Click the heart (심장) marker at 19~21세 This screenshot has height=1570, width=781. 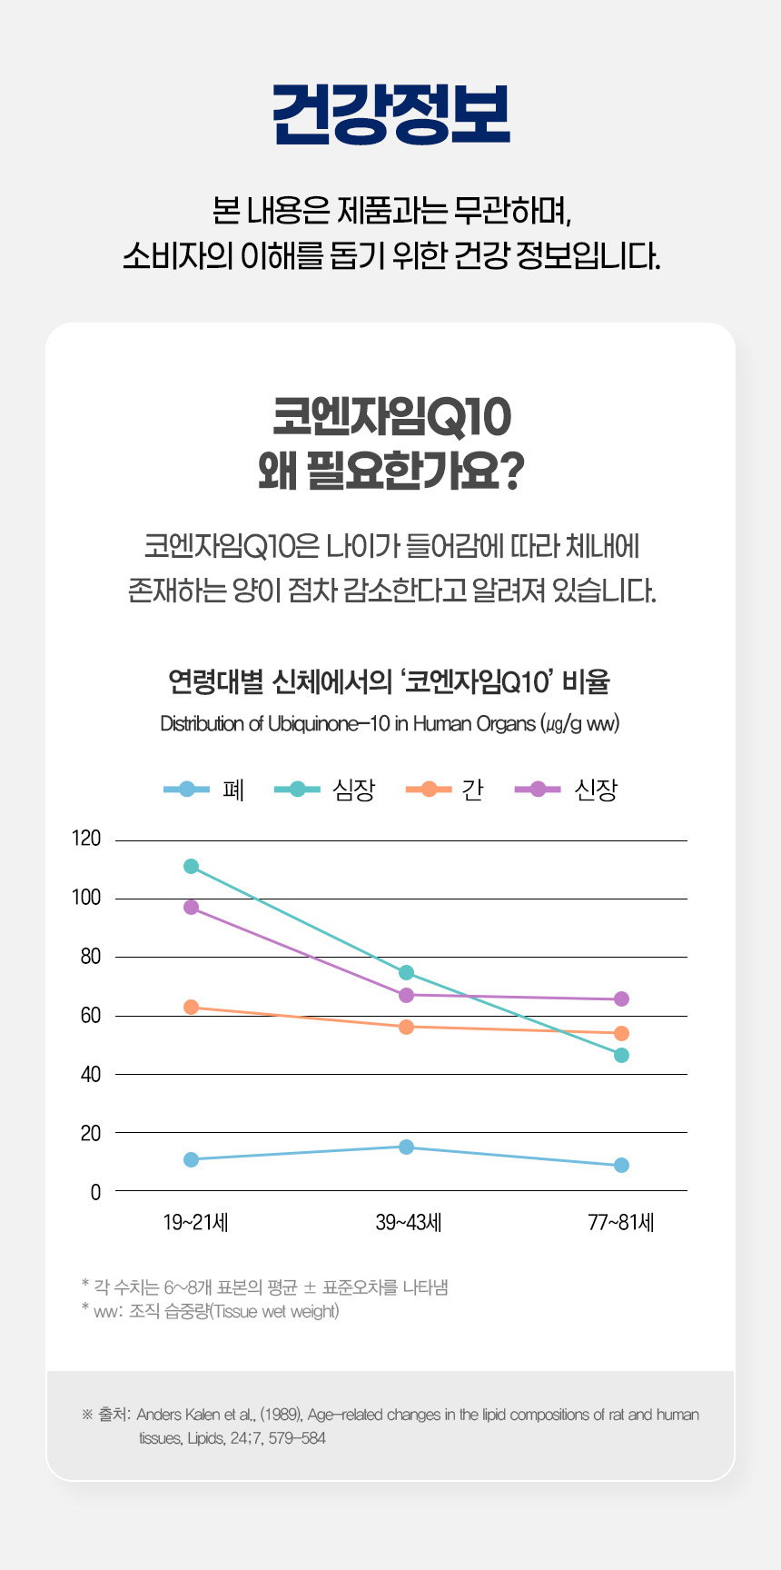pyautogui.click(x=191, y=866)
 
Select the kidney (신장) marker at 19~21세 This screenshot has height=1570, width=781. pyautogui.click(x=191, y=907)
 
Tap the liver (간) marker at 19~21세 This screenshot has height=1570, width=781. pyautogui.click(x=191, y=1007)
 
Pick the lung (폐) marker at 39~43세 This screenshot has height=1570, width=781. pyautogui.click(x=406, y=1147)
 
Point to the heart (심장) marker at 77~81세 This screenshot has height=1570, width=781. pyautogui.click(x=621, y=1055)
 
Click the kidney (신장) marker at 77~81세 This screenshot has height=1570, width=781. pyautogui.click(x=621, y=999)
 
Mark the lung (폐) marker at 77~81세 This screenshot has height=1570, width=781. pyautogui.click(x=621, y=1165)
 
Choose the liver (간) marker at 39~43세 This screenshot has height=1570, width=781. pyautogui.click(x=406, y=1027)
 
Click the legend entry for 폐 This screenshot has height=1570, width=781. pyautogui.click(x=205, y=790)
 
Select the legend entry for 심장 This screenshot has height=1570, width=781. pyautogui.click(x=325, y=790)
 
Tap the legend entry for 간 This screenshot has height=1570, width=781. pyautogui.click(x=445, y=790)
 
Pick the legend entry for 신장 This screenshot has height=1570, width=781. pyautogui.click(x=566, y=790)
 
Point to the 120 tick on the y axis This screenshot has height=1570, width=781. pyautogui.click(x=86, y=839)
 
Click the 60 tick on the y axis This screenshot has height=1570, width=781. pyautogui.click(x=90, y=1015)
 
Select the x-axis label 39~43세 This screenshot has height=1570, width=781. pyautogui.click(x=408, y=1222)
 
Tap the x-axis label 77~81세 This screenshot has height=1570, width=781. pyautogui.click(x=621, y=1222)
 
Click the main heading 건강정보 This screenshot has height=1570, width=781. pyautogui.click(x=390, y=115)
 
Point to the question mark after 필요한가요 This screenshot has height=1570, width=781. pyautogui.click(x=511, y=472)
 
